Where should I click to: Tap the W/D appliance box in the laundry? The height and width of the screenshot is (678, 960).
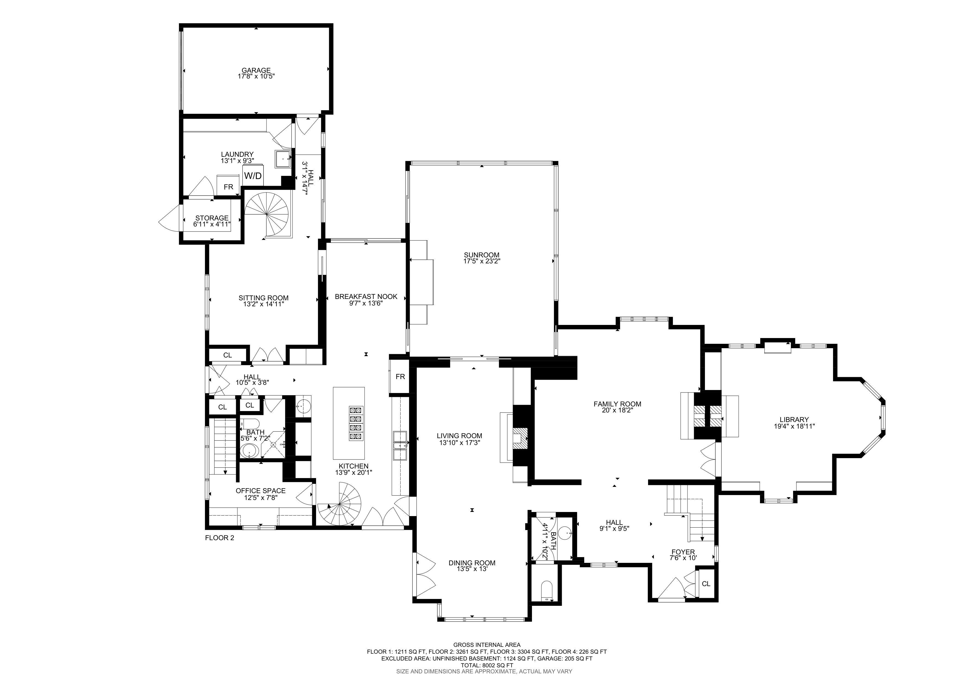pos(253,176)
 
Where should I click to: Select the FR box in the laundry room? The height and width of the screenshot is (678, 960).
pos(228,187)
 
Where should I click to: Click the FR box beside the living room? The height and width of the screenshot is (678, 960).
pos(400,376)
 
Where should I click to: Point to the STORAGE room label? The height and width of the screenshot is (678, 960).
pos(212,218)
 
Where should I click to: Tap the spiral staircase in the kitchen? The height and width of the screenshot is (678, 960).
pos(340,504)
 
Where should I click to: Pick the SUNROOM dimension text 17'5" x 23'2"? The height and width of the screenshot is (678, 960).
pos(482,261)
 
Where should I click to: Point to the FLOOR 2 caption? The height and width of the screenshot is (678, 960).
pos(219,538)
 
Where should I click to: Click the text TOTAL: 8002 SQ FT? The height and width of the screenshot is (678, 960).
pos(487,665)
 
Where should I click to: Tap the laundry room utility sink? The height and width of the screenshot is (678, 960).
pos(284,159)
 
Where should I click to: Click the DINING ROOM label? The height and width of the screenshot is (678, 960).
pos(472,563)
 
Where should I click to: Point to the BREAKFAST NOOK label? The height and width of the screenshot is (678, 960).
pos(366,296)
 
